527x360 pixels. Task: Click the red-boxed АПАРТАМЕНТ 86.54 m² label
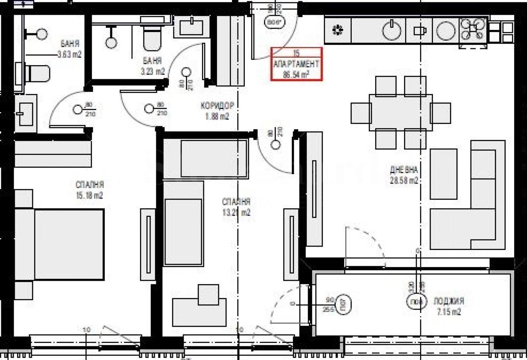coord(296,64)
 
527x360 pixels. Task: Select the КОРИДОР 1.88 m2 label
coord(217,111)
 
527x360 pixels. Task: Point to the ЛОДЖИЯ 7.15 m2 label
coord(449,306)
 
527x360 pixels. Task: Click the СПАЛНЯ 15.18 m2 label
coord(89,190)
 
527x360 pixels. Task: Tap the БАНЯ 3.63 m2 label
coord(69,49)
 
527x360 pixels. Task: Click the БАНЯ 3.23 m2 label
coord(152,66)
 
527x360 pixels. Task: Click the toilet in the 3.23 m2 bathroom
coord(152,37)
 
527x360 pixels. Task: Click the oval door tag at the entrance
coord(275,22)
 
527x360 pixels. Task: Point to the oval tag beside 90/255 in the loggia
coord(344,304)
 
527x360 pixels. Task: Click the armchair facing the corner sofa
coord(443,174)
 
